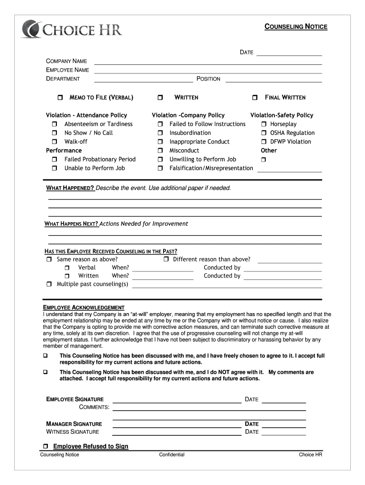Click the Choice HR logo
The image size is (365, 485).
tap(72, 29)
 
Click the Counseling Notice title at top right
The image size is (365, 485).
tap(295, 27)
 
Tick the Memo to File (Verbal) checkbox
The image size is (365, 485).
tap(60, 98)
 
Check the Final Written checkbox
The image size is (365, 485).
tap(255, 98)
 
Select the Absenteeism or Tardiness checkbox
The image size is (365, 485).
tap(55, 124)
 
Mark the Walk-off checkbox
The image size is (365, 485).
tap(55, 142)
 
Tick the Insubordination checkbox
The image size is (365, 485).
tap(160, 133)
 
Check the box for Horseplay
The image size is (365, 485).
tap(264, 124)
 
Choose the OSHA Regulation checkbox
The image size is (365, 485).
tap(264, 133)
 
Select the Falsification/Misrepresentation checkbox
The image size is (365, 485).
tap(160, 168)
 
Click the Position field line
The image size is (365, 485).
tap(274, 81)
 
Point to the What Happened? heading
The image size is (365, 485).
tap(70, 188)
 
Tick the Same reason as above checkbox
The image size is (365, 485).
tap(49, 260)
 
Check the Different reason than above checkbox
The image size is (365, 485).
tap(166, 260)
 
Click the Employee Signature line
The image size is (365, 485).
tap(176, 402)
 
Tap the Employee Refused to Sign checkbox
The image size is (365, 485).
tap(46, 446)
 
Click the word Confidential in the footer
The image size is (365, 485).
tap(172, 455)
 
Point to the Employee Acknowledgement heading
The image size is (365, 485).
tap(84, 307)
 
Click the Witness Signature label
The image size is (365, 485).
tap(73, 431)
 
